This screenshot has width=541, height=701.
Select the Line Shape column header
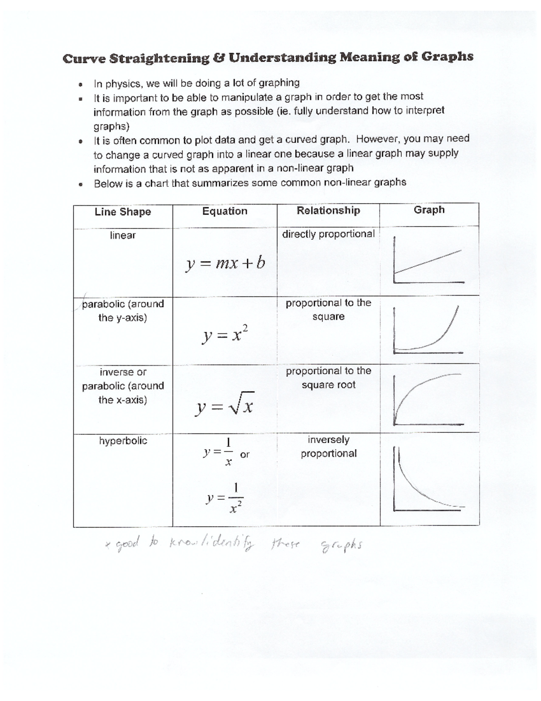123,212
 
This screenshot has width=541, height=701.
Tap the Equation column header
225,211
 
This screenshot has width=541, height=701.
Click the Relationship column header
328,210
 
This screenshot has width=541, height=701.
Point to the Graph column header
429,210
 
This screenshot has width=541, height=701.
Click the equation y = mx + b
225,263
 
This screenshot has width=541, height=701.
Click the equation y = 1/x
218,451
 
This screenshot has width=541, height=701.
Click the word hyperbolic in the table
123,441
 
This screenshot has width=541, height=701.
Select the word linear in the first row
123,235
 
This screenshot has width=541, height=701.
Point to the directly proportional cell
328,234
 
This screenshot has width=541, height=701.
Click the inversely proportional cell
328,446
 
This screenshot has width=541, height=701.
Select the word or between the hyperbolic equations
245,455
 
